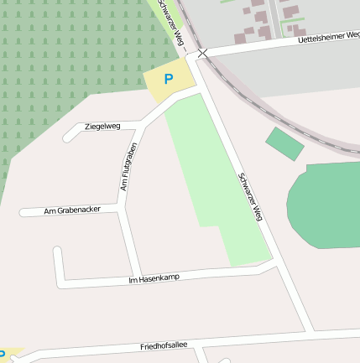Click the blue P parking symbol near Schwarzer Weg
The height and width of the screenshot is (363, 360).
tap(168, 80)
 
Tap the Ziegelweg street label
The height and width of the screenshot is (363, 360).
tap(102, 127)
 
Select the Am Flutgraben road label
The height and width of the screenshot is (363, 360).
tap(128, 166)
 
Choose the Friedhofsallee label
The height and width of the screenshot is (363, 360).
tap(164, 345)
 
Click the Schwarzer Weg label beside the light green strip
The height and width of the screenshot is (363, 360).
tap(250, 196)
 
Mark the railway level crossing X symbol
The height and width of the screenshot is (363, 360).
tap(201, 53)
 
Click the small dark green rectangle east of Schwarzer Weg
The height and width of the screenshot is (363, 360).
tap(285, 143)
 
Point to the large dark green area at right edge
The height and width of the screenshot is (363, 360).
tap(327, 205)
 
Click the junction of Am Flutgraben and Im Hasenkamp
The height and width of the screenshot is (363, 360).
tap(137, 280)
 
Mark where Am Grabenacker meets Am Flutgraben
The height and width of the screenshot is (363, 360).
tap(120, 207)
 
